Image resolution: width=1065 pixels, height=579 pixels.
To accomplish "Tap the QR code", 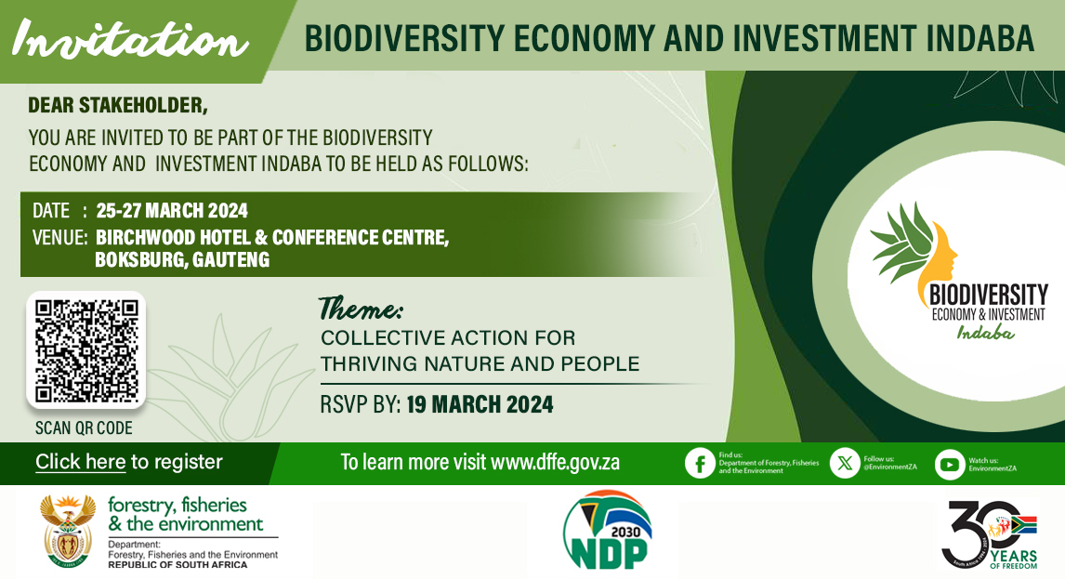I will click(x=85, y=349).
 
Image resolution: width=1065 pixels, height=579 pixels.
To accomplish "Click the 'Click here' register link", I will click(x=80, y=462).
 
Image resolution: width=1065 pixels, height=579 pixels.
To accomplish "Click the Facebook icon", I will click(x=699, y=464).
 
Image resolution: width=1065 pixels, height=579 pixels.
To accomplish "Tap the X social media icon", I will click(x=844, y=463).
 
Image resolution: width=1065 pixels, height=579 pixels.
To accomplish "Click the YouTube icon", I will click(x=949, y=464).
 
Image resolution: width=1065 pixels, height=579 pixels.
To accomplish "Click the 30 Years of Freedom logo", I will click(x=989, y=533).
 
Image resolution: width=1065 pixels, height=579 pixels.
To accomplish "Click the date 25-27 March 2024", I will click(x=172, y=210).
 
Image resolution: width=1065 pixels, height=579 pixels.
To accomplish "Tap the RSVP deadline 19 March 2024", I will click(x=480, y=404).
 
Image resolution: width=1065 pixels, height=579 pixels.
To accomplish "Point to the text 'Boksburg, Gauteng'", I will click(x=182, y=260).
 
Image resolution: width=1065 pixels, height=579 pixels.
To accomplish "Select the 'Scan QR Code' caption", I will click(x=84, y=428).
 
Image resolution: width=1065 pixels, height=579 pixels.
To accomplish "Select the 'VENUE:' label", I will click(x=59, y=237).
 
